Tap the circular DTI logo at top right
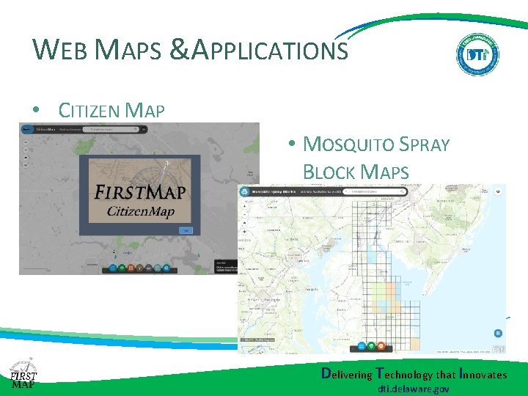tap(477, 54)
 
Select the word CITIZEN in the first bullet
tap(89, 111)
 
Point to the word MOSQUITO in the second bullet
tap(348, 144)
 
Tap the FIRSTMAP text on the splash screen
tap(141, 192)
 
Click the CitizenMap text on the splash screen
tap(141, 211)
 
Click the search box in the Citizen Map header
tap(110, 128)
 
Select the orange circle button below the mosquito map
tap(381, 345)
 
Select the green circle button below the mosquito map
tap(371, 345)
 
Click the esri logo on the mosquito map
tap(498, 350)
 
